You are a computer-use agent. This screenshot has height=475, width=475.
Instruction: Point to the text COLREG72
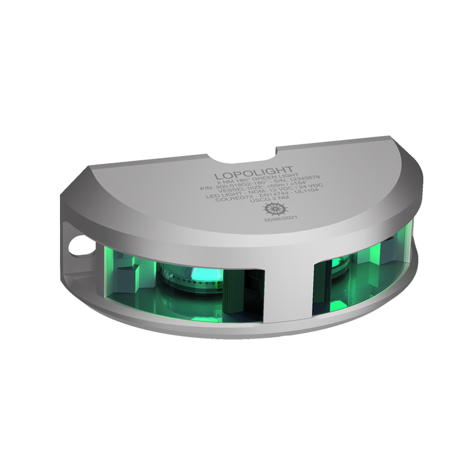[244, 197]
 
